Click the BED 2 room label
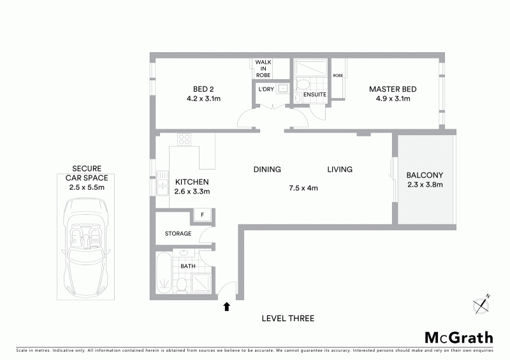click(x=203, y=89)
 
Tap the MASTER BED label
click(x=393, y=89)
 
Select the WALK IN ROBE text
click(x=263, y=69)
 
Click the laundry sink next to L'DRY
click(x=282, y=89)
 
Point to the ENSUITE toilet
click(x=302, y=85)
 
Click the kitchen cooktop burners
click(x=184, y=140)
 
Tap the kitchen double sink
click(x=162, y=183)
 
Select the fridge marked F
click(x=202, y=215)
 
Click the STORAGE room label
click(x=178, y=233)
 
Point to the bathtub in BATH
click(x=163, y=273)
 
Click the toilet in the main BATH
click(x=182, y=285)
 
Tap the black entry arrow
click(x=227, y=306)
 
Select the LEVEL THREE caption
click(x=288, y=319)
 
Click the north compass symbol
click(x=481, y=305)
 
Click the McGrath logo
click(x=459, y=338)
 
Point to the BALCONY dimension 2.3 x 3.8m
click(x=425, y=185)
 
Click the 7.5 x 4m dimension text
click(x=303, y=188)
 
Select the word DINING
click(x=267, y=169)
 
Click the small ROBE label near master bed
click(x=338, y=75)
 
